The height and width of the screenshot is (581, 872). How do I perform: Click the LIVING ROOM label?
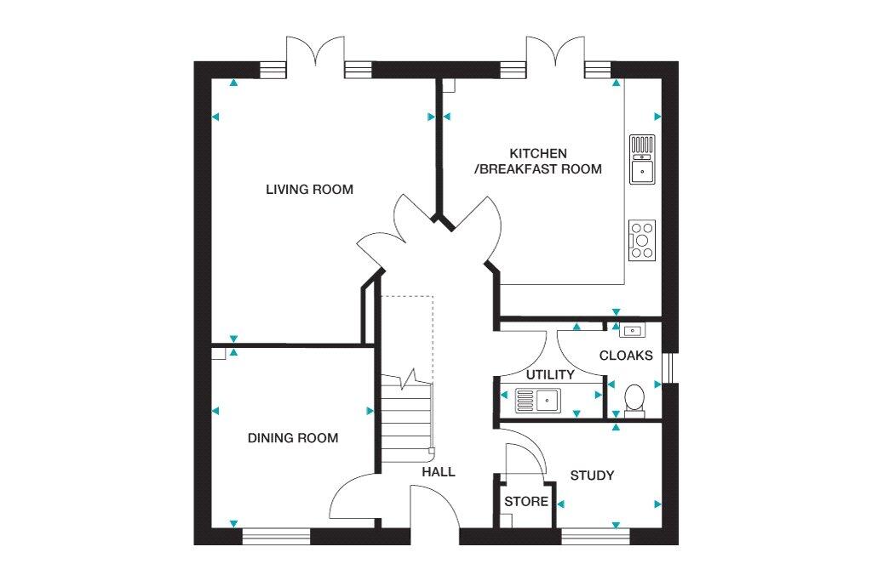[309, 190]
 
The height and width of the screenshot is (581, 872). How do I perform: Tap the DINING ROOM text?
[293, 438]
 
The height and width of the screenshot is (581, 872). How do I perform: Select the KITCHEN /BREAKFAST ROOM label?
[538, 161]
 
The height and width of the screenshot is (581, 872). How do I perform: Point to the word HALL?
[439, 472]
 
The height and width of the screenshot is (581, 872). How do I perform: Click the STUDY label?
[593, 476]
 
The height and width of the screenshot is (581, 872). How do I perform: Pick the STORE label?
[526, 502]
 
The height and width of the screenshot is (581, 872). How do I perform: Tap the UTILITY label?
[550, 375]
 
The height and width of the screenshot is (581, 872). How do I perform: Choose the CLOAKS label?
[626, 356]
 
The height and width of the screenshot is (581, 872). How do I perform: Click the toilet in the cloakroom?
[634, 401]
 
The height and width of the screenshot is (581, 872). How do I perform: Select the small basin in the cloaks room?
[633, 331]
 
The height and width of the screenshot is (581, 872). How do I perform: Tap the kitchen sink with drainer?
[642, 159]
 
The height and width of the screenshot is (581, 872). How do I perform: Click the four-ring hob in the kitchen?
[642, 241]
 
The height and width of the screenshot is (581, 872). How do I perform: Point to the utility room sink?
[538, 400]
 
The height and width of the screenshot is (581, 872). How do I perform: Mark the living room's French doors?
[315, 53]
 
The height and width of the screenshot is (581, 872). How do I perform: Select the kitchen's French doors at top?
[555, 53]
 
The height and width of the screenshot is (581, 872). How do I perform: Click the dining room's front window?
[276, 536]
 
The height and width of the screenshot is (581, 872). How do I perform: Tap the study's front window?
[595, 536]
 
